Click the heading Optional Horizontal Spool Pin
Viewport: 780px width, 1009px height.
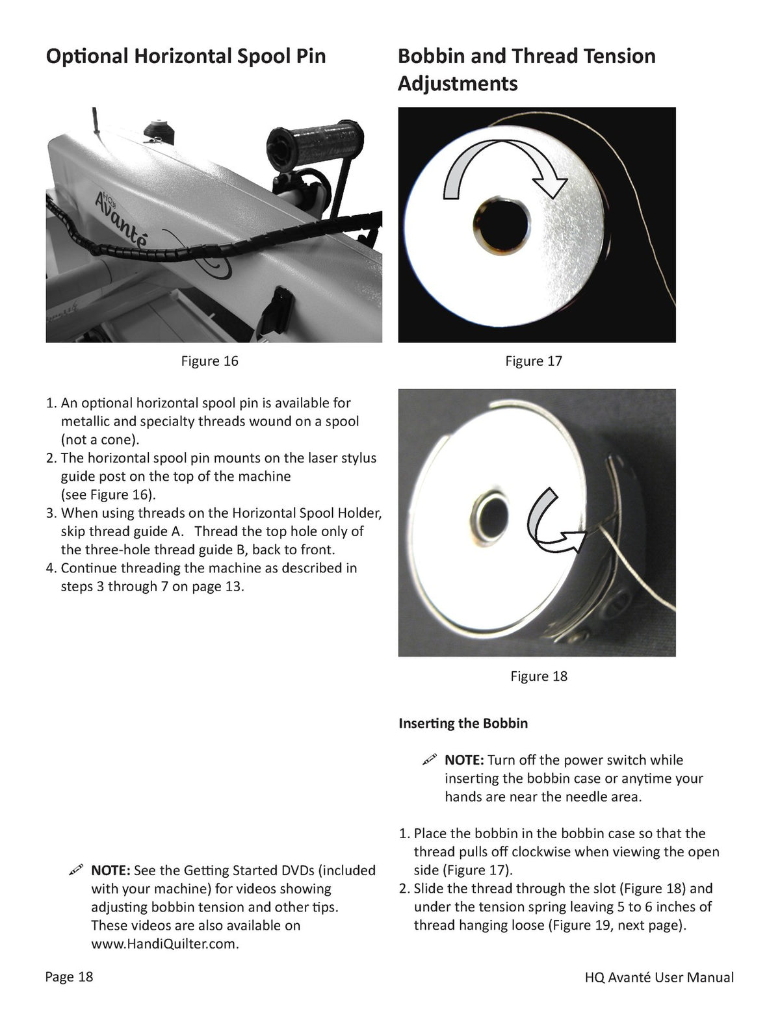coord(186,57)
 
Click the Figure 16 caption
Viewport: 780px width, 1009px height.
coord(209,361)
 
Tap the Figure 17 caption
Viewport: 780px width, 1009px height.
coord(534,361)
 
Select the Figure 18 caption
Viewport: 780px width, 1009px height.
coord(539,676)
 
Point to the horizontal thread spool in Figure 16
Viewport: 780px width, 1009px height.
coord(315,143)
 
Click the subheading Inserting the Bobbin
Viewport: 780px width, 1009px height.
coord(463,723)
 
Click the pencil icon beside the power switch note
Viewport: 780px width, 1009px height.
coord(429,760)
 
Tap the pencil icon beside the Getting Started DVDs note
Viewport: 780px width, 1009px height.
coord(75,870)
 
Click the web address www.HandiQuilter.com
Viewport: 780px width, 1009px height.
coord(165,944)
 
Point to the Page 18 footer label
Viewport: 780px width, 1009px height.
coord(69,977)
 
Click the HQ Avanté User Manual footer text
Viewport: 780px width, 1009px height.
coord(659,977)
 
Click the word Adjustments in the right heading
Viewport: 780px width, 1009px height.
coord(458,84)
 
